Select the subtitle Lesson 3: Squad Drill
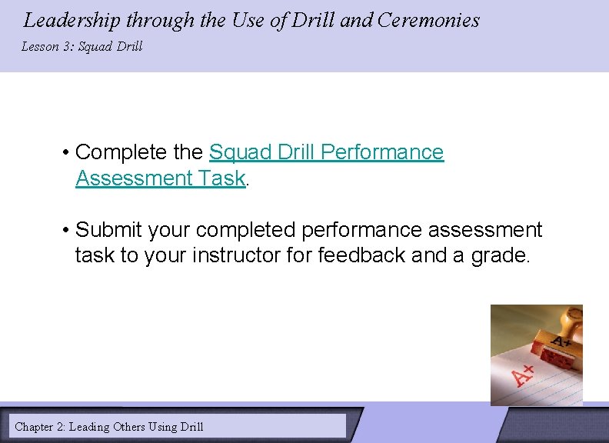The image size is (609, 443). click(82, 47)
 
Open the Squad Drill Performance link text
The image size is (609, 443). click(326, 152)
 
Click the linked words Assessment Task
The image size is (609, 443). click(160, 178)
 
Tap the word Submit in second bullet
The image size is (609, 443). click(109, 230)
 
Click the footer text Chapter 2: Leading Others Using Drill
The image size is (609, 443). click(109, 426)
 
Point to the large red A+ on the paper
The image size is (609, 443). click(524, 375)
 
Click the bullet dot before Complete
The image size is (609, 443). click(67, 153)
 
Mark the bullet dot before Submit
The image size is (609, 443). click(67, 231)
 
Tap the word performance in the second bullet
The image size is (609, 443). click(358, 230)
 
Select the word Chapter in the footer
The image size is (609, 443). click(35, 426)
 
